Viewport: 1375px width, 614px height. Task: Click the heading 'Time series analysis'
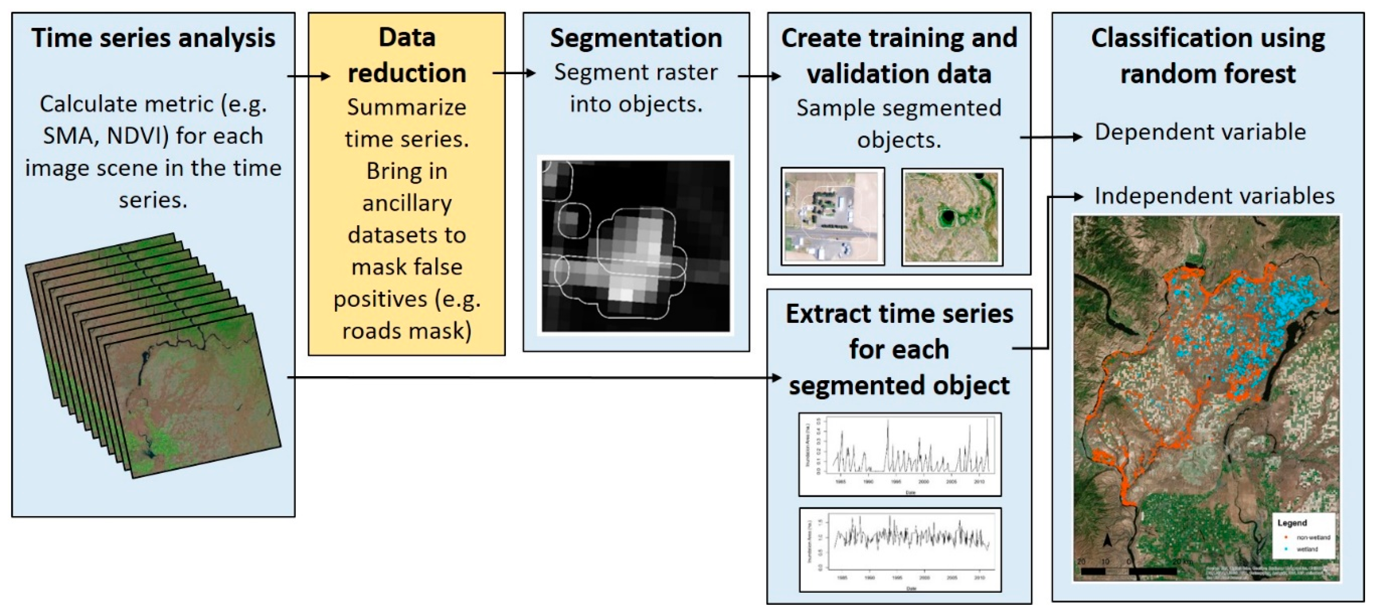tap(153, 38)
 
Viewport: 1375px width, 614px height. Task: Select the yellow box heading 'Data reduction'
tap(407, 55)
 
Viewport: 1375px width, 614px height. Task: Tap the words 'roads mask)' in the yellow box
tap(407, 331)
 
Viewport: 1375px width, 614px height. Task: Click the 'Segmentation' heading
tap(636, 38)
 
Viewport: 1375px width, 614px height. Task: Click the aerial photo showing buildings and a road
tap(832, 216)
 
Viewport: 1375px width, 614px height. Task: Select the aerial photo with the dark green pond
tap(952, 216)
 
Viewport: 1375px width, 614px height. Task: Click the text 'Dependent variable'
tap(1200, 132)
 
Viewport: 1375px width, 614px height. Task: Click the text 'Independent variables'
tap(1214, 196)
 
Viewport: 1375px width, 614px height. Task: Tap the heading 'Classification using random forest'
tap(1207, 56)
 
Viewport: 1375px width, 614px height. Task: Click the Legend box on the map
tap(1304, 536)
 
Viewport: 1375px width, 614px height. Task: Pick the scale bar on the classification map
tap(1129, 571)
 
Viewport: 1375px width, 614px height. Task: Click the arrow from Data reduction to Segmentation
tap(514, 73)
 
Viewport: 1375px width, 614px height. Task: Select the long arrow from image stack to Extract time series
tap(534, 378)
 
